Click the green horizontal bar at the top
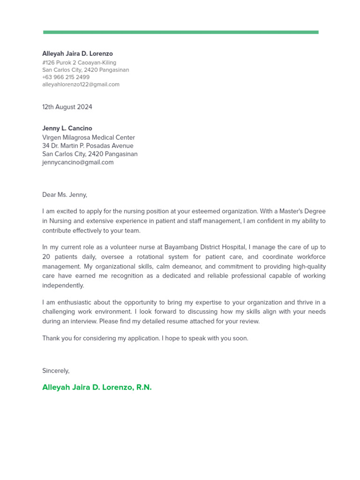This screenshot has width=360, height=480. (180, 32)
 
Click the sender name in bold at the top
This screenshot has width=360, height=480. (77, 54)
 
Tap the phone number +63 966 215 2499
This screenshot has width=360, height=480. (66, 77)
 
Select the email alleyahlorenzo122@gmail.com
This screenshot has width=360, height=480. (81, 85)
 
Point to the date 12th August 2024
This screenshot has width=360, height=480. (67, 107)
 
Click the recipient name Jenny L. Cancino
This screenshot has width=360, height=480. (67, 128)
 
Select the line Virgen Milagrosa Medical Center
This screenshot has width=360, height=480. (88, 138)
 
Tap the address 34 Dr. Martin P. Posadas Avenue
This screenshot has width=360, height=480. (88, 146)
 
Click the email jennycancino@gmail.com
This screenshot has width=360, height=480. (78, 163)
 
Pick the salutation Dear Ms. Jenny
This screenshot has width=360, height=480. (65, 195)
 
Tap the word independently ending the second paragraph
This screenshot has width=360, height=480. (63, 285)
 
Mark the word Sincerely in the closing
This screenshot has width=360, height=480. (56, 371)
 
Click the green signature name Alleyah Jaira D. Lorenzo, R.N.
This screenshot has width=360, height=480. (97, 388)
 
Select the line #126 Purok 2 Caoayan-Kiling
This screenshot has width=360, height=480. (79, 63)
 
